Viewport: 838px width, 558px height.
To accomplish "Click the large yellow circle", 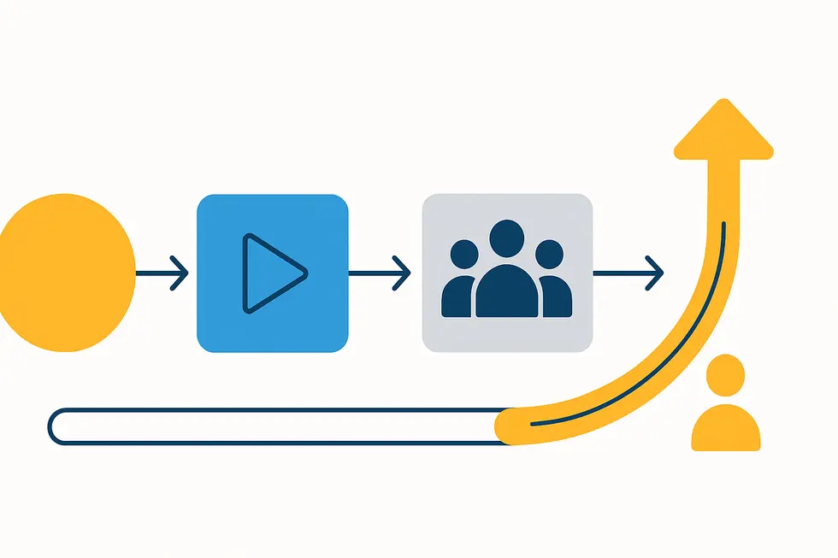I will click(64, 272).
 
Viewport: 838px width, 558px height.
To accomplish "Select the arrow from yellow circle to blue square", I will click(162, 273).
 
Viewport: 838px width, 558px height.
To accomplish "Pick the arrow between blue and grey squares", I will click(380, 273).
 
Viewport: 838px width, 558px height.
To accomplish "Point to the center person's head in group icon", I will click(508, 238).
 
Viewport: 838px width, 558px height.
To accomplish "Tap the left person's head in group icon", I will click(463, 254).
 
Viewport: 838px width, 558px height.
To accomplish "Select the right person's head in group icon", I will click(549, 254).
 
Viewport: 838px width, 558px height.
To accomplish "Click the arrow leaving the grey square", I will click(628, 273).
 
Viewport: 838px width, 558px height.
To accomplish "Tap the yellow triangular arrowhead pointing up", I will click(723, 132).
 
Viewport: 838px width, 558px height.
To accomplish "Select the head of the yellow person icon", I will click(726, 375).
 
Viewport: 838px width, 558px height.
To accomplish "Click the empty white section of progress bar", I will click(274, 426).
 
